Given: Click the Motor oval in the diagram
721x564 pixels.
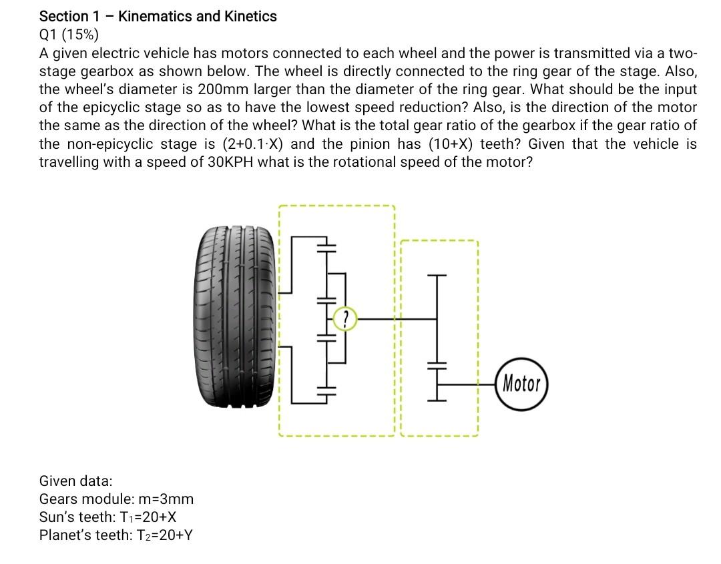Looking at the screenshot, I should pos(522,383).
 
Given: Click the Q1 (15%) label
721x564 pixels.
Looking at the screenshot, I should pos(68,35).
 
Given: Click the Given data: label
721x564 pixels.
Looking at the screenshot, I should pos(76,481).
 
